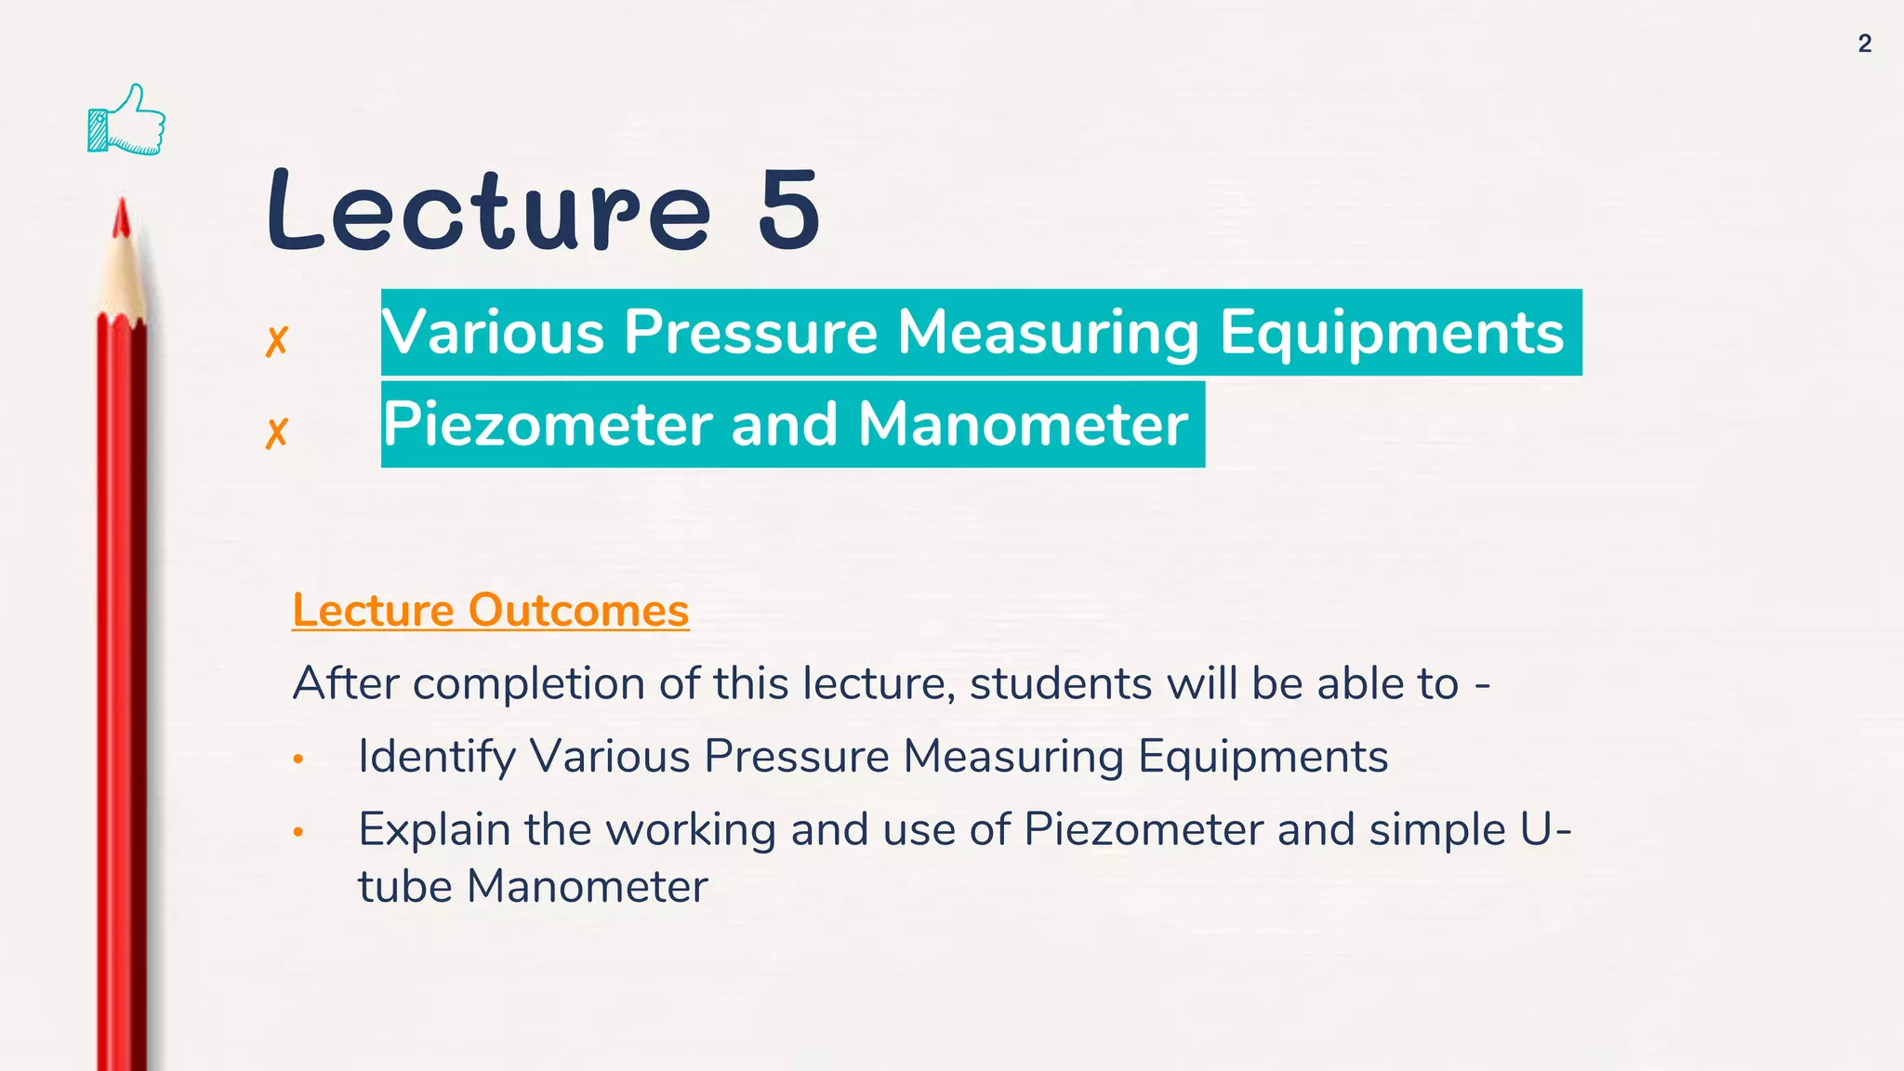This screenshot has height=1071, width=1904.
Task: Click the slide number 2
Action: click(1864, 44)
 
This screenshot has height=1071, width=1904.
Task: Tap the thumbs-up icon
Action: click(127, 120)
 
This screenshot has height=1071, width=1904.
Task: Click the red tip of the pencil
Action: click(121, 218)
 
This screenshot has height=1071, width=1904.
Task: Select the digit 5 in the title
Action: click(788, 210)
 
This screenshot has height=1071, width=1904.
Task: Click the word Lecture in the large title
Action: click(488, 210)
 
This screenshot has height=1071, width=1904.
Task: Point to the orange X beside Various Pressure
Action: click(276, 341)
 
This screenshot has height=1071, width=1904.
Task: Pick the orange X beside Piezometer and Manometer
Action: click(276, 432)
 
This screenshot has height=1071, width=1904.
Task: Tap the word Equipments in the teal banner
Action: click(1392, 332)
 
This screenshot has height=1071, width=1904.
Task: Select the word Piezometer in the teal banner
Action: click(549, 424)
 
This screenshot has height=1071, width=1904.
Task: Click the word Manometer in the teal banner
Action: click(1023, 424)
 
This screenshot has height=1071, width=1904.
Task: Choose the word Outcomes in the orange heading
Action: click(578, 610)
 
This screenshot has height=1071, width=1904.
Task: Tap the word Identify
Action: click(436, 757)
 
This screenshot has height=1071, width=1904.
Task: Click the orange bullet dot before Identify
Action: click(297, 760)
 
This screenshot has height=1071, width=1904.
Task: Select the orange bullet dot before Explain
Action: click(297, 832)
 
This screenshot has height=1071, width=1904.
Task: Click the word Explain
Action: click(434, 830)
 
